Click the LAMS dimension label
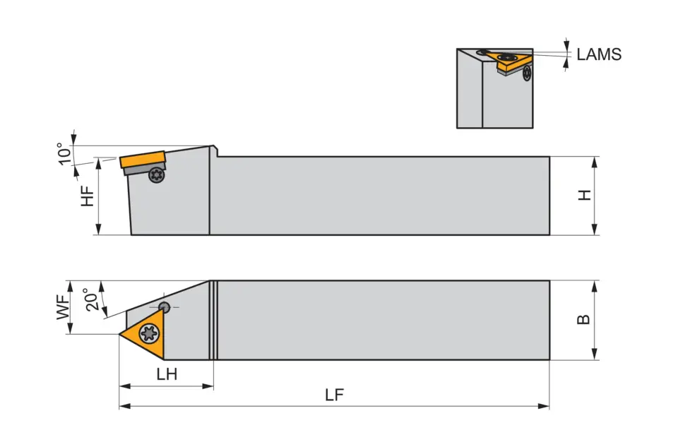pos(599,54)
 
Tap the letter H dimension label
pos(584,195)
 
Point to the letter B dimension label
pos(583,319)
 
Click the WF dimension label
pos(64,308)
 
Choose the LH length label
pos(167,375)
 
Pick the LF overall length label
pos(334,395)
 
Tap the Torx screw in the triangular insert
pos(150,332)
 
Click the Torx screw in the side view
pos(156,177)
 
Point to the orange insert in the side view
pos(142,160)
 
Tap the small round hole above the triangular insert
pos(164,306)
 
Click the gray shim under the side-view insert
pos(139,170)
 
